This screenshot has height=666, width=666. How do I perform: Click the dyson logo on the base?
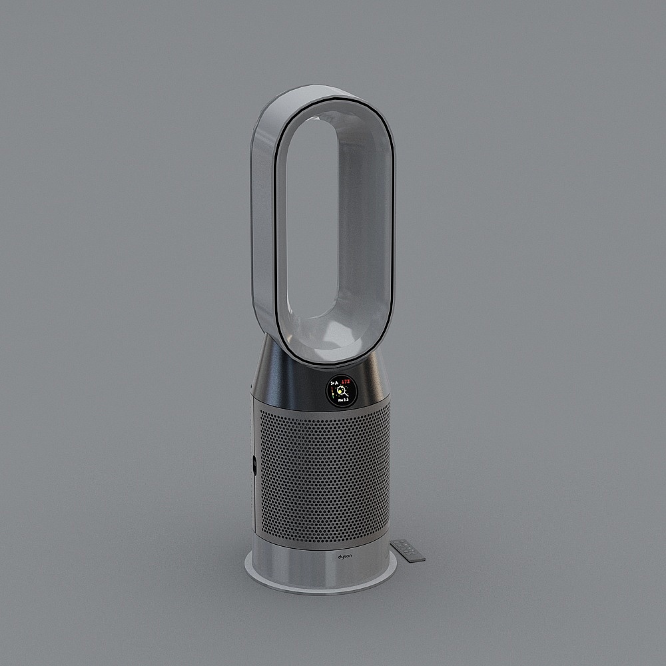point(344,555)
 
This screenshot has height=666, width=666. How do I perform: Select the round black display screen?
point(341,390)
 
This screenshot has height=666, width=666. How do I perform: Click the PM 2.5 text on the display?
point(343,400)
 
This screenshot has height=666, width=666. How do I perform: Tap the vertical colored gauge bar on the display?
point(332,392)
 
